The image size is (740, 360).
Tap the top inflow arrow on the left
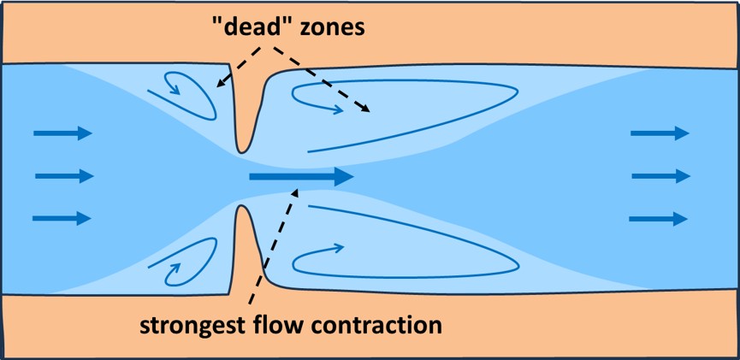click(62, 133)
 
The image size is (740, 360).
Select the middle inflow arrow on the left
click(63, 176)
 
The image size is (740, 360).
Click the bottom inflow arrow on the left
click(62, 218)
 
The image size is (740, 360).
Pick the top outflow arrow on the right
click(660, 133)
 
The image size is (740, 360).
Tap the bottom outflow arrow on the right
click(659, 219)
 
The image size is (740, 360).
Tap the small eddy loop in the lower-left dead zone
click(188, 262)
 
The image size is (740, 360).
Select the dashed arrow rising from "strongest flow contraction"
click(274, 248)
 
